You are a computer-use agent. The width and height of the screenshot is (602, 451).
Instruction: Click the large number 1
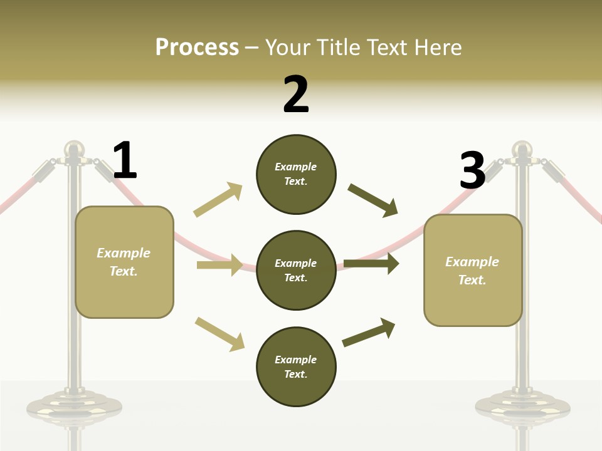point(125,161)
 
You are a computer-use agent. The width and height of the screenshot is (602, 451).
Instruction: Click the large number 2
point(296,95)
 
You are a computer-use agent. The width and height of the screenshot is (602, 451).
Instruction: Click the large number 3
point(472,171)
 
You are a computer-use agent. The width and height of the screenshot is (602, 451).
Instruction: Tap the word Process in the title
point(197,47)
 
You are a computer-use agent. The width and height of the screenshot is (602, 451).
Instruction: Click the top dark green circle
point(296,174)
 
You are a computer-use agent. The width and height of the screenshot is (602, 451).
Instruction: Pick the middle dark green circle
point(296,270)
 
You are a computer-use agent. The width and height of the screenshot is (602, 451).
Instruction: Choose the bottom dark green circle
point(296,366)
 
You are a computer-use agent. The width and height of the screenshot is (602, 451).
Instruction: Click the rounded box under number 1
point(124,262)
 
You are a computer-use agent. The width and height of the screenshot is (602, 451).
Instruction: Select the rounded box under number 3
point(473,270)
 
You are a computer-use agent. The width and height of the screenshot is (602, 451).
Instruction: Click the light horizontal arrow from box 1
point(219,265)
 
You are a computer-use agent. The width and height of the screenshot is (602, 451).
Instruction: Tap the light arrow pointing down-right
point(219,333)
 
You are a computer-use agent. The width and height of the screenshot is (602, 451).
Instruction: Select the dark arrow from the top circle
point(373,200)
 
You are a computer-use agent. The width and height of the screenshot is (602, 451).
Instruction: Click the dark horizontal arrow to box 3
point(371,264)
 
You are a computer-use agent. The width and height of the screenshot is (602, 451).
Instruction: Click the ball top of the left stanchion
point(74,148)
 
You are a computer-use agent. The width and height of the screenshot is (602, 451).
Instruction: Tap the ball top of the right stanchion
point(522,148)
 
